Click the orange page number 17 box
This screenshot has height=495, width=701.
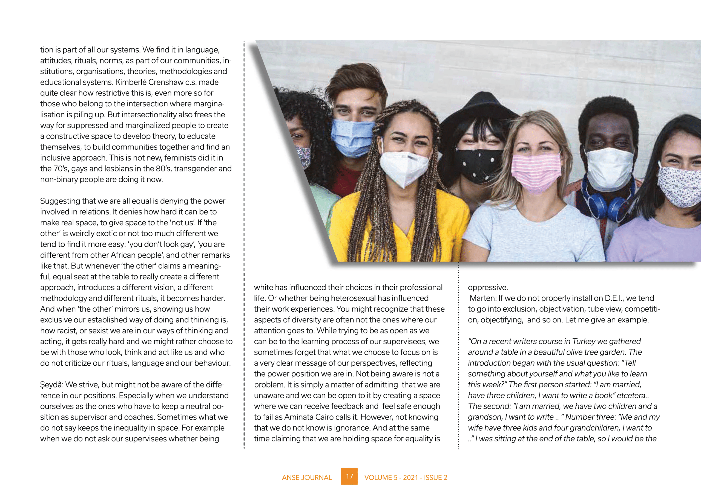point(349,476)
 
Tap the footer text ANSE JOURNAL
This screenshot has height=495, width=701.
point(306,477)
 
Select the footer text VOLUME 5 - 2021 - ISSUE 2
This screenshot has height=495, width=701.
point(406,477)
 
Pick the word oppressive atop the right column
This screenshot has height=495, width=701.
point(488,288)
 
